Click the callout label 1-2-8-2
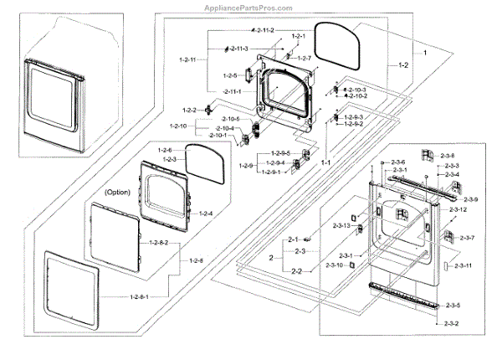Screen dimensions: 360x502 [159, 242]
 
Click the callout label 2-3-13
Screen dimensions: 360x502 [341, 226]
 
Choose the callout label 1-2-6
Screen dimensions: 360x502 [165, 149]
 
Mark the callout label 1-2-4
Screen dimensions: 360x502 [205, 213]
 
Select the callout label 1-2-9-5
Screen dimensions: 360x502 [280, 153]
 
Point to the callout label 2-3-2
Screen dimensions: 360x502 [452, 323]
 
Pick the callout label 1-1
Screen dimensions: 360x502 [327, 162]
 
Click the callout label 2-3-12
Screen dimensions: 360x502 [458, 209]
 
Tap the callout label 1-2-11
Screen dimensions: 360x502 [187, 60]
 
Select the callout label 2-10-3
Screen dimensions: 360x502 [357, 89]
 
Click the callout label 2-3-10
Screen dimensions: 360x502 [333, 265]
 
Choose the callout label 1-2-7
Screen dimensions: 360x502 [304, 58]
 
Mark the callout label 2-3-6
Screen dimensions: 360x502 [396, 162]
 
